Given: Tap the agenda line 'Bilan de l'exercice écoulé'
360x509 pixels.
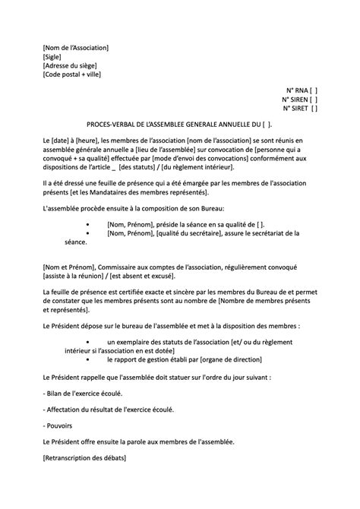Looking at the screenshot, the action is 83,393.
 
